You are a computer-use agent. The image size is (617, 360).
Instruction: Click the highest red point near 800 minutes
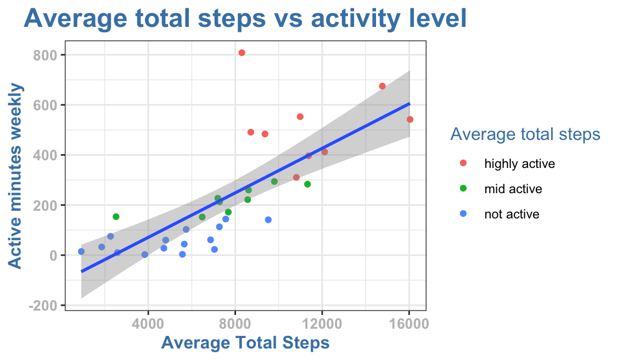pos(242,53)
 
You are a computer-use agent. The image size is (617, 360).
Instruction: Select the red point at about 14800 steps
pos(382,86)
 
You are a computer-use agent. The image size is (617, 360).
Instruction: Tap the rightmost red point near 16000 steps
pos(410,120)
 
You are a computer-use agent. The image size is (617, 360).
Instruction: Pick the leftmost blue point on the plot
pos(81,251)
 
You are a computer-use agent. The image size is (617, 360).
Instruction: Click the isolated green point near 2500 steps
pos(116,217)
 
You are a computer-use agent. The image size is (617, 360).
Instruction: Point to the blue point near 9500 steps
pos(268,220)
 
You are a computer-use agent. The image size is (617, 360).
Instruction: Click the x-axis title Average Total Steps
pos(245,344)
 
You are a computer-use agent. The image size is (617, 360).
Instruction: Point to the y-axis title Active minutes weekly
pos(17,176)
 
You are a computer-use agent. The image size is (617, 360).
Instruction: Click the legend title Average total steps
pos(524,134)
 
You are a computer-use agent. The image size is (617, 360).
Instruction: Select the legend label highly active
pos(519,164)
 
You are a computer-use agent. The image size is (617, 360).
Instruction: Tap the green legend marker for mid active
pos(463,189)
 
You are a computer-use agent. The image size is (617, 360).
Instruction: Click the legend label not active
pos(512,214)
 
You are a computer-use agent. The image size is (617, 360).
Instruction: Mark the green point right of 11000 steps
pos(307,184)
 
